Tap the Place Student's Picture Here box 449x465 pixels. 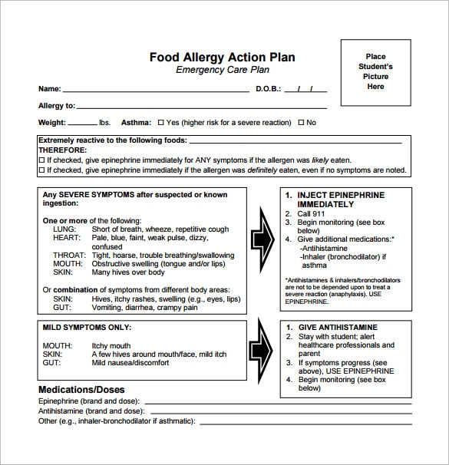(x=375, y=72)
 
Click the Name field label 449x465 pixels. (x=49, y=89)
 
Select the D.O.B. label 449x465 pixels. (x=269, y=89)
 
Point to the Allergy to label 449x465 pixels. (x=57, y=105)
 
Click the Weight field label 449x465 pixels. (x=52, y=123)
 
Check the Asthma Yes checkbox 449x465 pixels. (x=161, y=123)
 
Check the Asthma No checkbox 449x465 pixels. (x=302, y=123)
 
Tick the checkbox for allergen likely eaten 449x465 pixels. (x=41, y=160)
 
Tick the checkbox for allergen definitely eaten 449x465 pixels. (x=41, y=170)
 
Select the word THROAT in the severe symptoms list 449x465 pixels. (x=68, y=256)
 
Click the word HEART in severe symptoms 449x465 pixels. (x=66, y=239)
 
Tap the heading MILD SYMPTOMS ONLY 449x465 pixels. (x=84, y=327)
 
